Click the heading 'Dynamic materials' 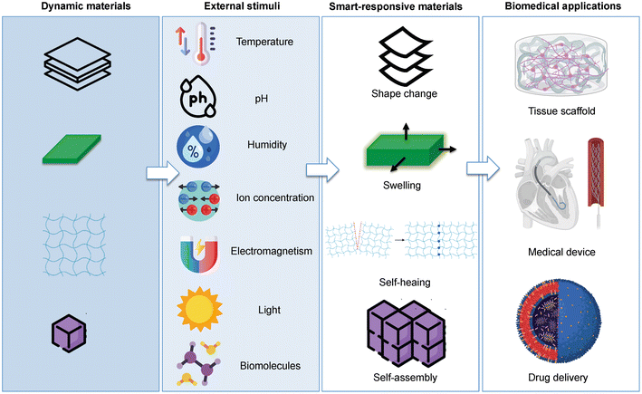(81, 8)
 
